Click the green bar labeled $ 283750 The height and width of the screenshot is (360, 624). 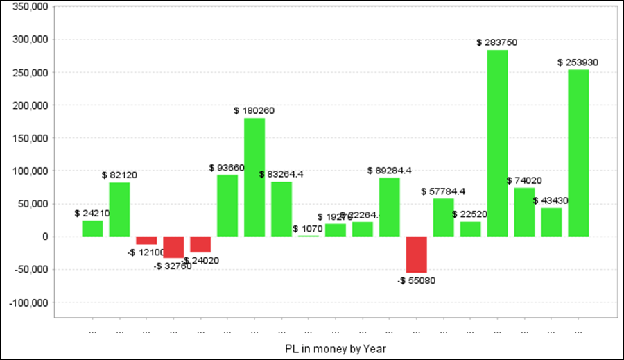coord(497,143)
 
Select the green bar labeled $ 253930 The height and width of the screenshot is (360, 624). coord(578,153)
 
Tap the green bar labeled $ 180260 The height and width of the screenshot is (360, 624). coord(254,177)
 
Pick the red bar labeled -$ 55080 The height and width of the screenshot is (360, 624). coord(416,255)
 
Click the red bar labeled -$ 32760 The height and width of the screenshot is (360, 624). coord(173,247)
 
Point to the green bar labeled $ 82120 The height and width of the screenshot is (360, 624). coord(119,209)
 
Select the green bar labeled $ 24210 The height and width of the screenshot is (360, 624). coord(92,228)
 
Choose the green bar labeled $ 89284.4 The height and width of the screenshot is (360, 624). coord(389,207)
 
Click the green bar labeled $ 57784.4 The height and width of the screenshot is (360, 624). coord(443,217)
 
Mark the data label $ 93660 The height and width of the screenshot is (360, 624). coord(227,168)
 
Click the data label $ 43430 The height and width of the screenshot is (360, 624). coord(551,200)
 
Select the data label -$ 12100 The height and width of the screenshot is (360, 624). coord(146,252)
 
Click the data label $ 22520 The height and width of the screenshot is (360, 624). coord(469,214)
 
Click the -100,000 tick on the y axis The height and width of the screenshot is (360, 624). coord(28,302)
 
